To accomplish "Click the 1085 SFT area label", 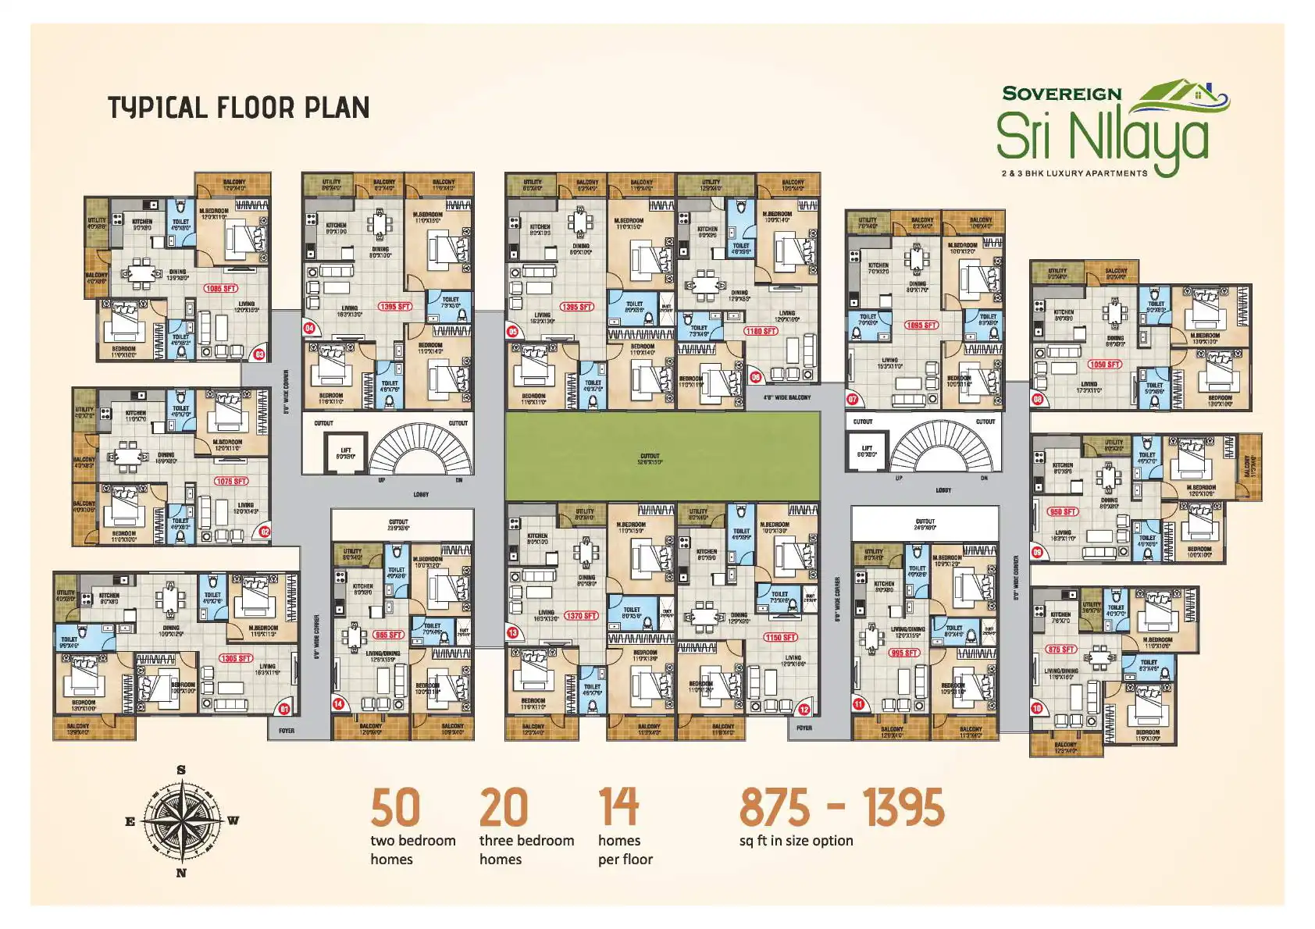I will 221,289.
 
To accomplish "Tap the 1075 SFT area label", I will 231,481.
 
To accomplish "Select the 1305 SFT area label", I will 236,658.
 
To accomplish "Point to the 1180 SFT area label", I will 761,331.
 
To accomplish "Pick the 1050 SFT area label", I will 1105,365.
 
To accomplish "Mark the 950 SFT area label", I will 1063,512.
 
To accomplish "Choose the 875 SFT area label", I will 1061,650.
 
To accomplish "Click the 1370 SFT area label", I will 582,616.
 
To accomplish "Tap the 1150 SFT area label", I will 780,638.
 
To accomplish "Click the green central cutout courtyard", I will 662,457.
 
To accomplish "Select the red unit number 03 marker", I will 259,354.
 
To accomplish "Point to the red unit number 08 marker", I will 1037,400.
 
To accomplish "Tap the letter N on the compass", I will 181,873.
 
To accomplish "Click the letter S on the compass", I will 181,771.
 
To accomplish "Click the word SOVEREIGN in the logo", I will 1061,94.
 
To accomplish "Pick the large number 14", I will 618,807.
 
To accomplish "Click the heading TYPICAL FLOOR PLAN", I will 238,108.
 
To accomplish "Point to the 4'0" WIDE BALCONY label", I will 786,397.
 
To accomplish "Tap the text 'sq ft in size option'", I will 796,841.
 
